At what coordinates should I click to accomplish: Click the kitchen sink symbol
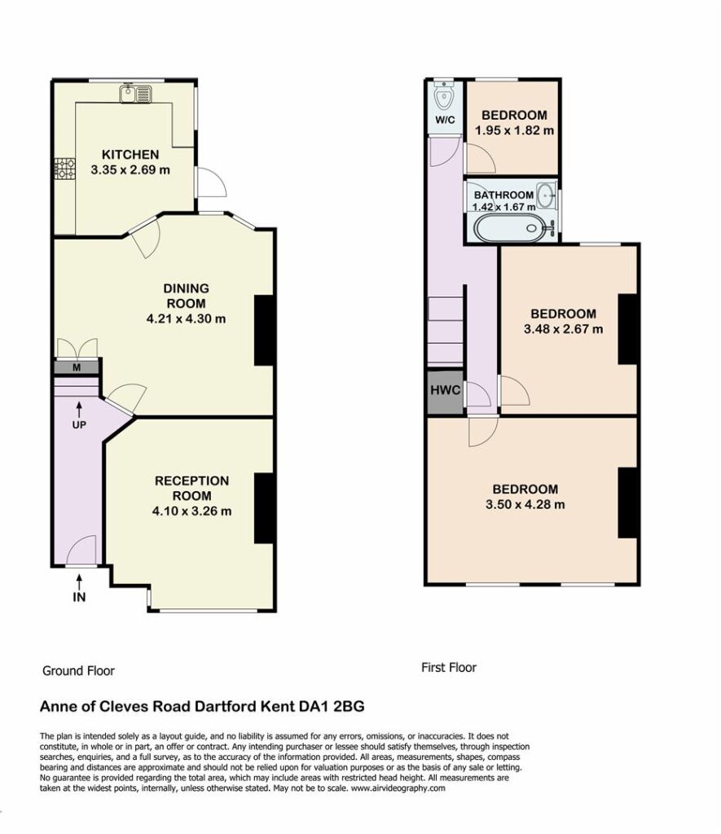[136, 94]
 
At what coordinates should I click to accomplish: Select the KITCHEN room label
[130, 155]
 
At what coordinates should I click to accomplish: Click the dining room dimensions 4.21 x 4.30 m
[186, 319]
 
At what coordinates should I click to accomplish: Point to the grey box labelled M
[77, 367]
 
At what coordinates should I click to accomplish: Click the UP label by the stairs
[79, 425]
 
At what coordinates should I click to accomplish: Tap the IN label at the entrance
[79, 597]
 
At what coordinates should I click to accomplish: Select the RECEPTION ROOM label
[191, 489]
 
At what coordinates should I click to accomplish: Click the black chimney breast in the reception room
[264, 508]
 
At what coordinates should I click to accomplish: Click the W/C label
[445, 121]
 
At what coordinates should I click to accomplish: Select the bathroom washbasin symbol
[545, 195]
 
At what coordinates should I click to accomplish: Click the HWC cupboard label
[445, 390]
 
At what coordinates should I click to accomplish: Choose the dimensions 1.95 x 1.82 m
[514, 130]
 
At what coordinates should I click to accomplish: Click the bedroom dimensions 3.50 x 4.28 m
[525, 504]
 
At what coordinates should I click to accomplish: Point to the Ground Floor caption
[79, 671]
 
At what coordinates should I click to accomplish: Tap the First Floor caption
[449, 668]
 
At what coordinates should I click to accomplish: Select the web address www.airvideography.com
[398, 788]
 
